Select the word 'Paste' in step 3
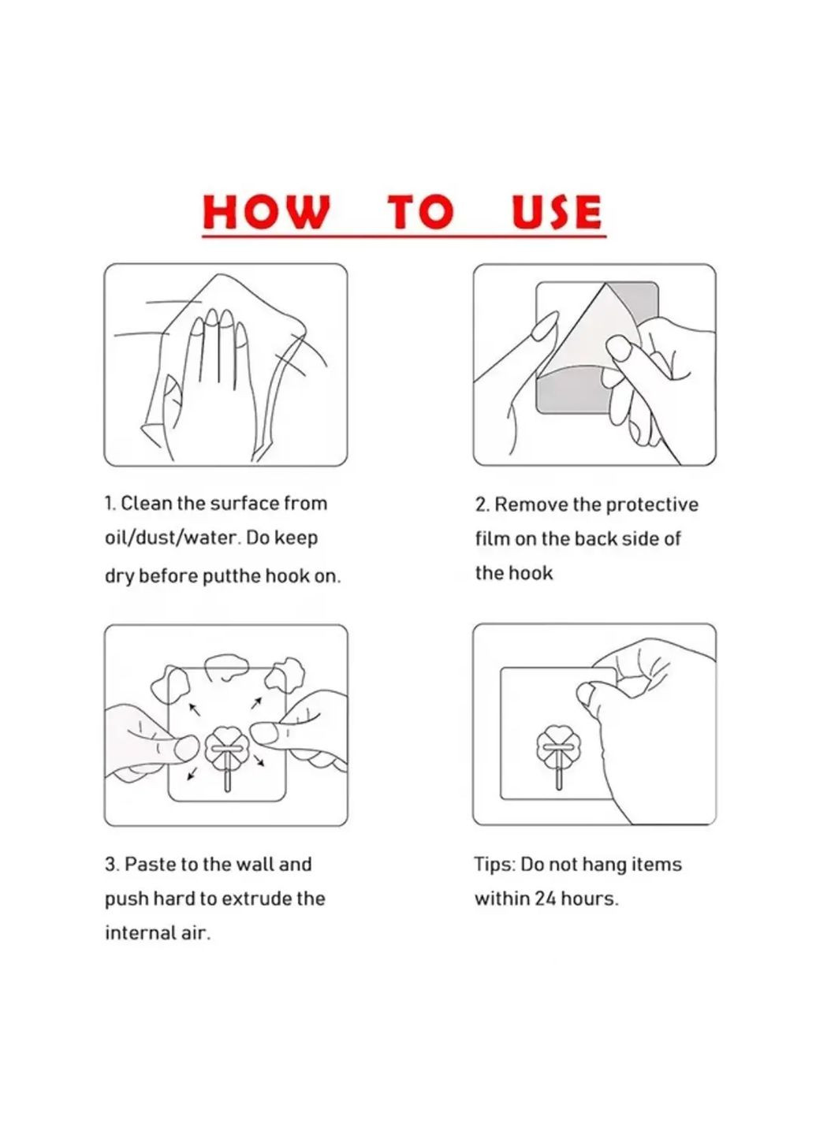click(150, 864)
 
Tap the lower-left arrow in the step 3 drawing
click(192, 773)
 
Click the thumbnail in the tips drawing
click(585, 692)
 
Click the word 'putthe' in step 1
click(231, 576)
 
